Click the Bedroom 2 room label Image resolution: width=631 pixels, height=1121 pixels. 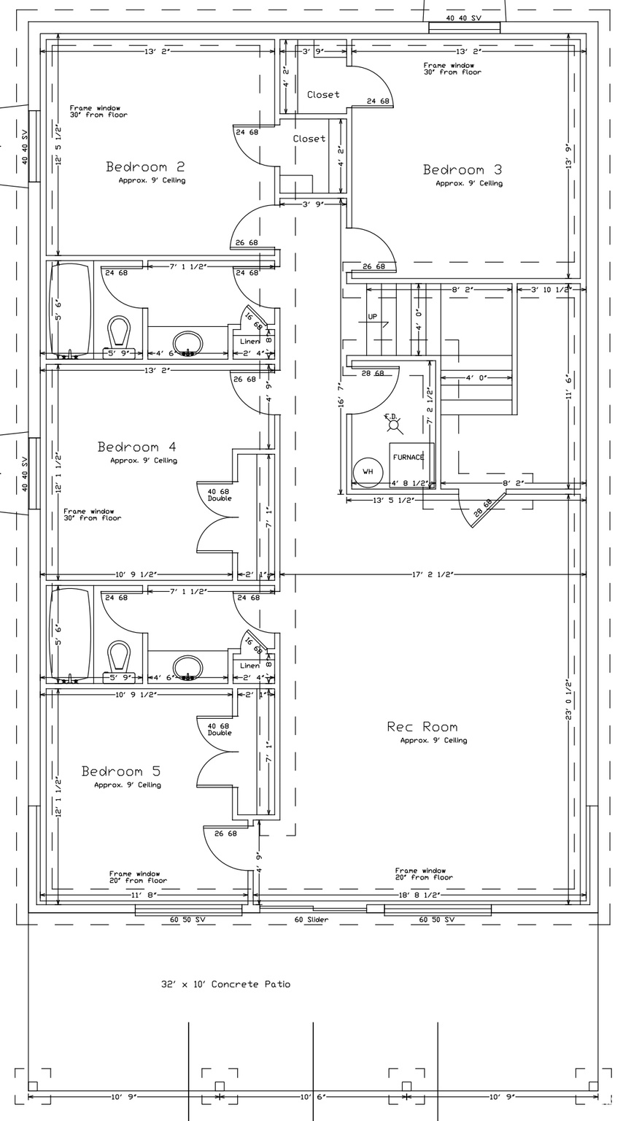145,167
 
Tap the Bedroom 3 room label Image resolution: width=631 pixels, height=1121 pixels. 462,170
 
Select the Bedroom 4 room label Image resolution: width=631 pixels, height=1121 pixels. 137,447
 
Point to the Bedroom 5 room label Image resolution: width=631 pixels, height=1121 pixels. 120,771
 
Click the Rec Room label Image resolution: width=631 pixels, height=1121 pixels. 422,727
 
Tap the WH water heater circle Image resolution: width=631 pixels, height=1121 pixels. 368,472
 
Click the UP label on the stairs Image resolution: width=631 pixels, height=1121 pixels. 373,317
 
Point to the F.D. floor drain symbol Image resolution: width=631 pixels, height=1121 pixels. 392,421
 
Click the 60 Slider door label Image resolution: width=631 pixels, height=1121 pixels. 311,920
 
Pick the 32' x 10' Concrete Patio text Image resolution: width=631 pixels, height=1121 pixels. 225,985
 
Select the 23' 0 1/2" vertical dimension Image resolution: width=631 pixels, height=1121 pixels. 568,701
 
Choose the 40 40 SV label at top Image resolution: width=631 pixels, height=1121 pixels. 464,18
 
